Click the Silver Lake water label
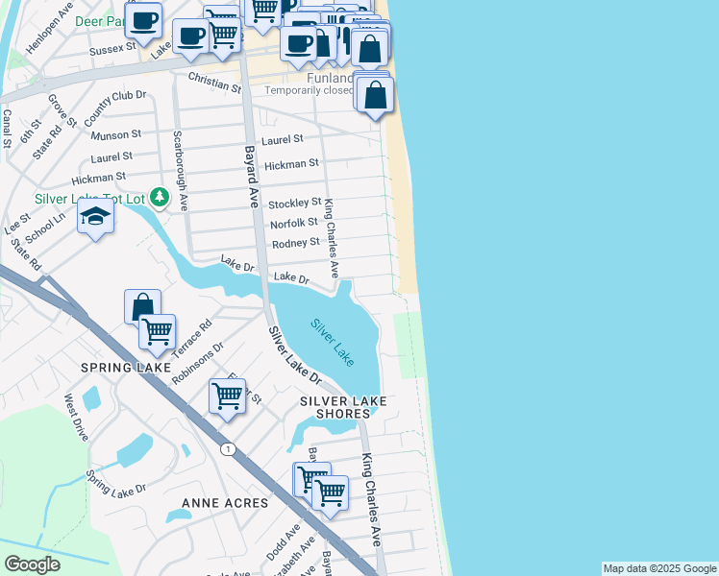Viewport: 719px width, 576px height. pos(333,341)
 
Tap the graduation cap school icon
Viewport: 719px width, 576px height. pos(96,218)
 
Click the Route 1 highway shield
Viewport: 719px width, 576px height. pos(227,449)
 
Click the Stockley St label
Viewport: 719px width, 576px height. pos(294,204)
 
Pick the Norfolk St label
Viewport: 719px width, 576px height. pos(293,223)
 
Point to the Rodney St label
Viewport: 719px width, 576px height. pos(295,243)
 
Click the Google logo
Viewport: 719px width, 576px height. pos(32,564)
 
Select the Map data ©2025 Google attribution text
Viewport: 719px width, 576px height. pos(658,568)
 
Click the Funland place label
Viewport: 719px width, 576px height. pos(331,78)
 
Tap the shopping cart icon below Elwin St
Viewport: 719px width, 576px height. pos(228,395)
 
